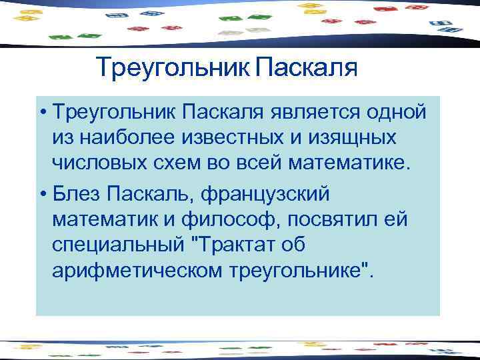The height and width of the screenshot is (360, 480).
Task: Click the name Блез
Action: (73, 194)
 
